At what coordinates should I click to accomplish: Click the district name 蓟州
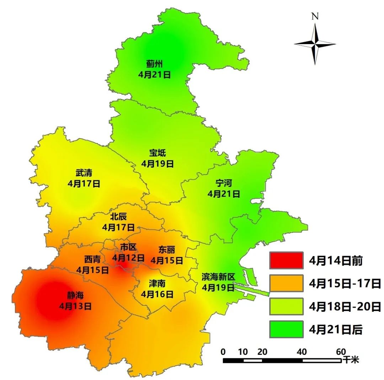tap(154, 64)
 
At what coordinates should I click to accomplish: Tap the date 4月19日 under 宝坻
tap(157, 164)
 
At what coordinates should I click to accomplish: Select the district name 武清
tap(84, 173)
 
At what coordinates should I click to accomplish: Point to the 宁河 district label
tap(224, 183)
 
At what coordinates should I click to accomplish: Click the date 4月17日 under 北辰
tap(118, 227)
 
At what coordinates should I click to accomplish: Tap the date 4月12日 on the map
tap(128, 257)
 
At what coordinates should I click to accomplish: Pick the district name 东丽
tap(167, 250)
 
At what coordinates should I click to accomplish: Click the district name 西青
tap(92, 259)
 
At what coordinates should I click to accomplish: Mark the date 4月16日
tap(157, 294)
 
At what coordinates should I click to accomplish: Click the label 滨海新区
tap(218, 277)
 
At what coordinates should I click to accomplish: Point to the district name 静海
tap(75, 295)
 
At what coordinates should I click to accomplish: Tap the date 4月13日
tap(75, 306)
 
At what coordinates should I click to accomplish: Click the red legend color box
tap(286, 260)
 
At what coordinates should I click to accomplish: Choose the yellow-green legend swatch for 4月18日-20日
tap(286, 306)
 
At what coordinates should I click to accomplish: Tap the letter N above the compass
tap(315, 16)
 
